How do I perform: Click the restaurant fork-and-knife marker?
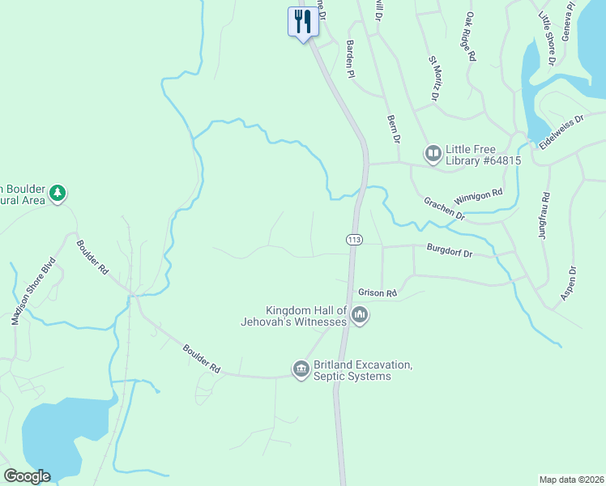click(303, 20)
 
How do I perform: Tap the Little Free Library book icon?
click(433, 152)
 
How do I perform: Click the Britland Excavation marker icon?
click(301, 369)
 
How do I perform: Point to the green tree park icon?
click(57, 193)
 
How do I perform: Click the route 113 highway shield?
click(353, 240)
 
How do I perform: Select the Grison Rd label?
click(378, 292)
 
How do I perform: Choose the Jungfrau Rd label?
click(545, 215)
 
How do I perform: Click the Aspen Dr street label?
click(568, 285)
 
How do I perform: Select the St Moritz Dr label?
click(434, 79)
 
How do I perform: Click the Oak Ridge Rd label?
click(471, 37)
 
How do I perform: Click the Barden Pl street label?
click(351, 59)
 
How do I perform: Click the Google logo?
click(27, 476)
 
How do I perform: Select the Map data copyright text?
click(571, 479)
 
